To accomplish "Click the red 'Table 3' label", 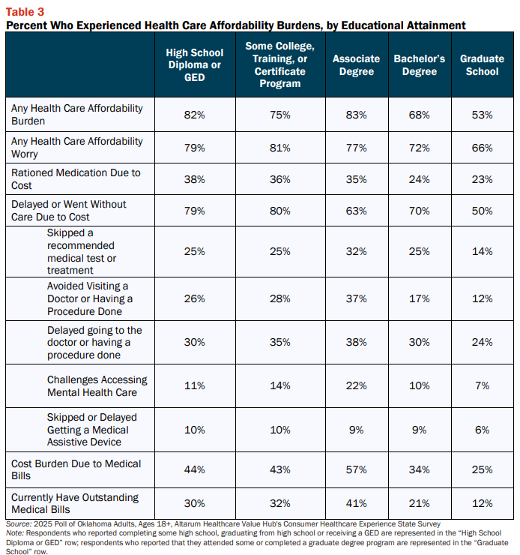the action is [x=25, y=12].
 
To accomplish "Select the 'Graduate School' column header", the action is [x=482, y=64].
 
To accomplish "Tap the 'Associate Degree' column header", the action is [x=357, y=64].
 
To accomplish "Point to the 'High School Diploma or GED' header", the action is [x=194, y=64].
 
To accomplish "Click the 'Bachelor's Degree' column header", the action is [x=420, y=64].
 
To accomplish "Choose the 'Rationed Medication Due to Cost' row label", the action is [x=76, y=178].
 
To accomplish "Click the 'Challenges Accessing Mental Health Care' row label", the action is [x=97, y=385].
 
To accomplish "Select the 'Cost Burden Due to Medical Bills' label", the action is [x=76, y=469].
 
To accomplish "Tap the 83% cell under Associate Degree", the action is [x=357, y=115].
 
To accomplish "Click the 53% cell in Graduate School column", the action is [x=483, y=115].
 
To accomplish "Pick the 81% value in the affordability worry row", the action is [x=280, y=148].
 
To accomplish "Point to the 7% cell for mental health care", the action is [x=483, y=385].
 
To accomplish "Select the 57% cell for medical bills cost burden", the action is [x=357, y=469].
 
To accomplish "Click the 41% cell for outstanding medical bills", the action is [x=357, y=503].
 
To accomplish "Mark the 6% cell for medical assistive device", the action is [x=483, y=430].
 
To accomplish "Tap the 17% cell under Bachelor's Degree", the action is [x=420, y=298].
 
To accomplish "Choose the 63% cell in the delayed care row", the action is [x=357, y=211].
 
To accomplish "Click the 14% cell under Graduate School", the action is [x=483, y=251].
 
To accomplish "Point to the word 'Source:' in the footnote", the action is [x=19, y=523].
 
